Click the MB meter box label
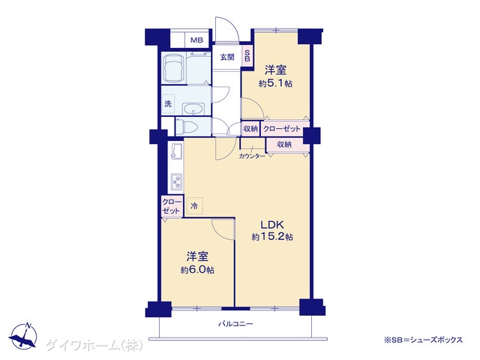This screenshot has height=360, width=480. click(x=196, y=40)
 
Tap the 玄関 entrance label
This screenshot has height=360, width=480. click(x=227, y=57)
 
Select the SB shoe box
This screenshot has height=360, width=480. click(x=247, y=55)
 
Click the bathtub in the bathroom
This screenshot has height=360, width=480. click(x=174, y=69)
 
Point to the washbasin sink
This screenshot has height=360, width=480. click(x=193, y=109)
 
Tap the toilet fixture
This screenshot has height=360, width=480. click(x=187, y=127)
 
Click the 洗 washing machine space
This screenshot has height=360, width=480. click(x=168, y=103)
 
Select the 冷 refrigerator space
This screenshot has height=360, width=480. click(x=194, y=206)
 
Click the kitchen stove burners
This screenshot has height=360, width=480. click(x=177, y=181)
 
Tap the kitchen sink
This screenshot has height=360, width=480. click(x=177, y=151)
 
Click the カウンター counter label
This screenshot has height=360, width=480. click(x=252, y=156)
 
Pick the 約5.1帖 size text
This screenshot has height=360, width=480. click(x=275, y=83)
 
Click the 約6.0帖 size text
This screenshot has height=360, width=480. click(x=197, y=270)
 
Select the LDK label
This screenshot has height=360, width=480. click(x=272, y=225)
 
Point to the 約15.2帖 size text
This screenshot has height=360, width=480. click(x=272, y=237)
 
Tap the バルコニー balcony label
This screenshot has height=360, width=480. click(x=235, y=323)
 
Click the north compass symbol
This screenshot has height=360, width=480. click(x=23, y=335)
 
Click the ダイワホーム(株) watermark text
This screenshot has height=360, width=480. click(x=94, y=346)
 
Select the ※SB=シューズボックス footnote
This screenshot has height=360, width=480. click(x=423, y=340)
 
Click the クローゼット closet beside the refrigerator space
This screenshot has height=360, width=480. click(x=172, y=206)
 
